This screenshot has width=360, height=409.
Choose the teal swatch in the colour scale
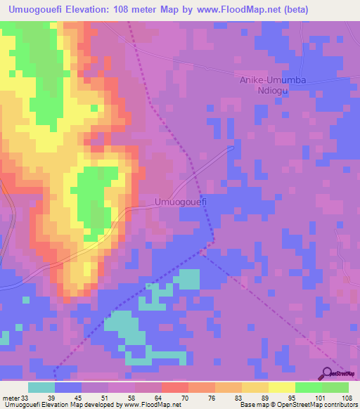point(41,387)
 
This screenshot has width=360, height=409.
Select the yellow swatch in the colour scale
point(281,387)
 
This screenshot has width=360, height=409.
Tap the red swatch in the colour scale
point(174,387)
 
